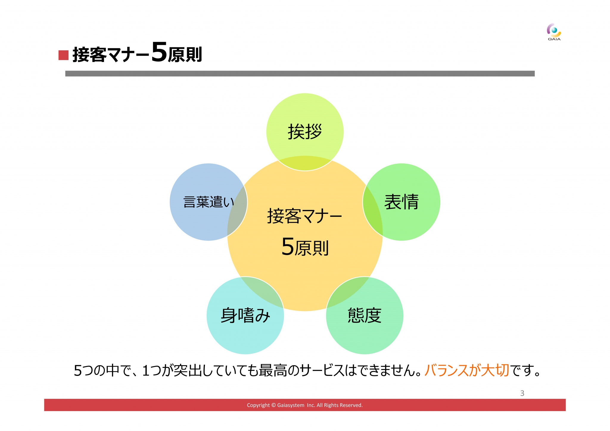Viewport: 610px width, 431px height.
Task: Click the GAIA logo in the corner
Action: point(554,32)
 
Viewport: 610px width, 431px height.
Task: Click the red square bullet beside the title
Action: point(63,55)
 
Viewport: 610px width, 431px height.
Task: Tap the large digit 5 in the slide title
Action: point(159,52)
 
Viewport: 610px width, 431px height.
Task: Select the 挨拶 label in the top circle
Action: point(305,132)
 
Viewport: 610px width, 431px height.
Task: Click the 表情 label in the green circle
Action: point(401,202)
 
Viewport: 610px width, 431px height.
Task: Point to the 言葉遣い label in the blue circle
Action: point(208,202)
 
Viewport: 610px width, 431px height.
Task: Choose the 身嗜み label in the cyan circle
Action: point(245,315)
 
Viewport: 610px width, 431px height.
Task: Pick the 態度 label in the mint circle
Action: point(364,315)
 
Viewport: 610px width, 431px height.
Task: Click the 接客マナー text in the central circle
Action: point(304,216)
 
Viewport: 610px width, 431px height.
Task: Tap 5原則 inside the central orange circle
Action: point(305,247)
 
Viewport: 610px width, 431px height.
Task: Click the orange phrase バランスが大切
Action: point(467,370)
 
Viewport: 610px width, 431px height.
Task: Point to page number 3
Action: point(522,393)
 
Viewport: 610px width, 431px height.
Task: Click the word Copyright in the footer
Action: point(258,405)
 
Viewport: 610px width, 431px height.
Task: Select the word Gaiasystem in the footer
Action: point(291,405)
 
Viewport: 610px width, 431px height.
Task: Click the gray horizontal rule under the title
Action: point(300,74)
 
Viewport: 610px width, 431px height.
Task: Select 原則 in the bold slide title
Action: point(185,54)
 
